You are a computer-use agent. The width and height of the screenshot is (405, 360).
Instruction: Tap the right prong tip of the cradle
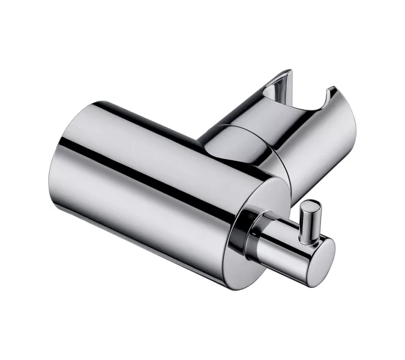[331, 92]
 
